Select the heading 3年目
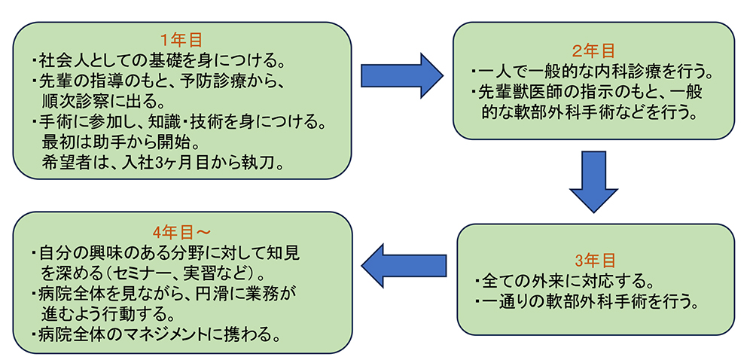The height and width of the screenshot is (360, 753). click(595, 261)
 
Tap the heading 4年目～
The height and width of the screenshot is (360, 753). click(181, 230)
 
